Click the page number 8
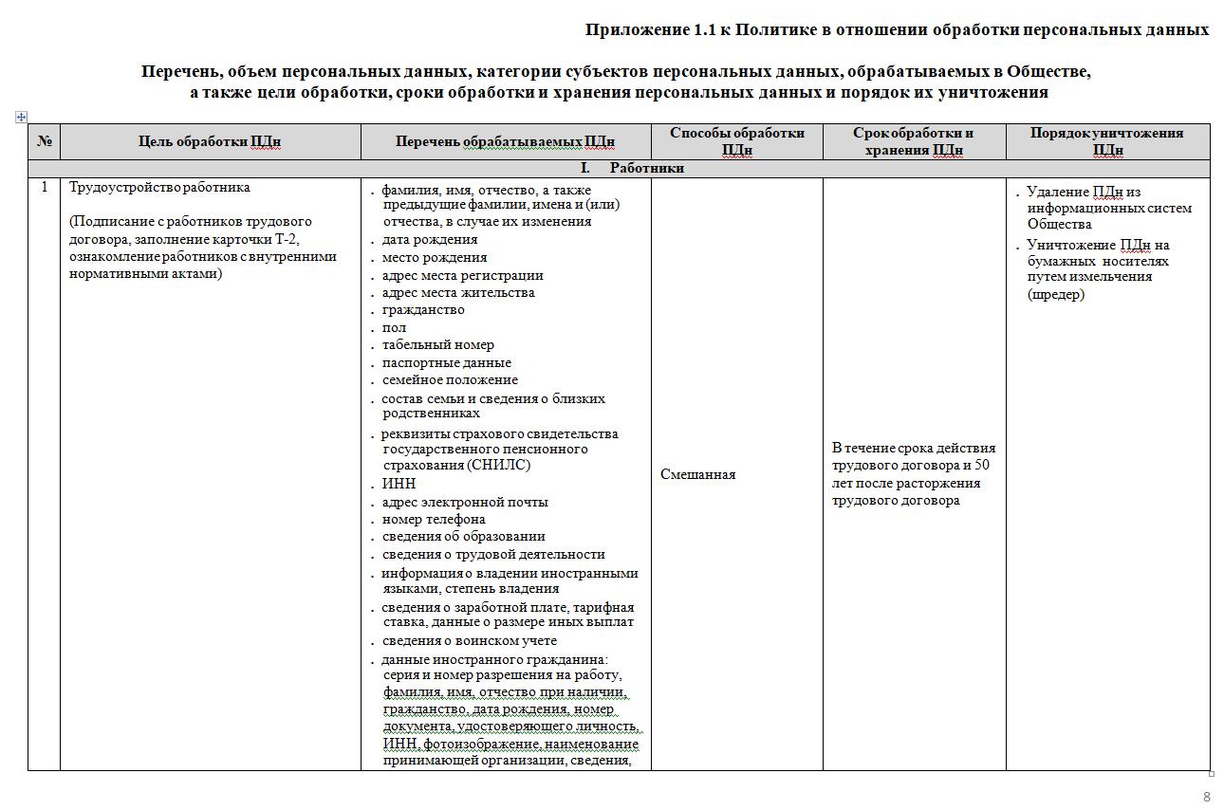1207,797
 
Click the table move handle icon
21,117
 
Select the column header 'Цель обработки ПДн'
210,142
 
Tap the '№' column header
44,142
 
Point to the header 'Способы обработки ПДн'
736,141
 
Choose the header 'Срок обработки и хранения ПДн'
914,141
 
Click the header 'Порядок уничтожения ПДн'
1106,141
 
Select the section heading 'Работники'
646,169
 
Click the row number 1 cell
44,187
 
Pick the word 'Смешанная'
697,474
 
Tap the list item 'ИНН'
399,484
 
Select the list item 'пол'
394,327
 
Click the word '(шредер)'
1055,294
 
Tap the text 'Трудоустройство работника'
159,187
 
